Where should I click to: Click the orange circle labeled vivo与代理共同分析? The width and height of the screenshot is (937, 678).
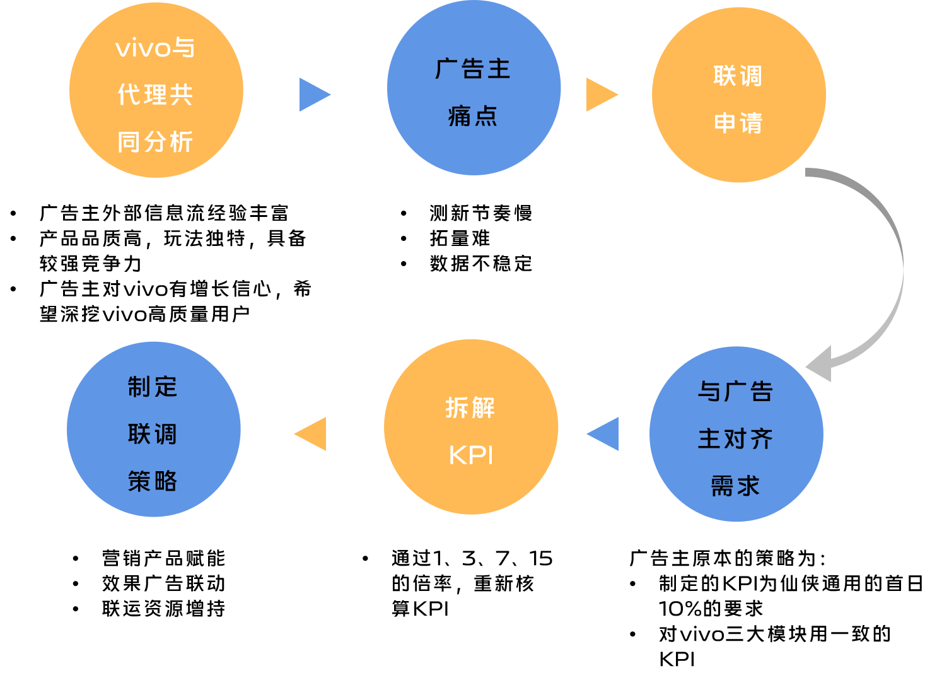[156, 90]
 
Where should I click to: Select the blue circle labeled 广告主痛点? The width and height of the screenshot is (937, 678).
[474, 88]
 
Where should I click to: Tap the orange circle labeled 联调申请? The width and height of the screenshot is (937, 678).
[738, 95]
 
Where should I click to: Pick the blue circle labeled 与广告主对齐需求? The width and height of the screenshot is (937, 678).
[736, 434]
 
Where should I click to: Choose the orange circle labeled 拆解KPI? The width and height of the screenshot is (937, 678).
[471, 427]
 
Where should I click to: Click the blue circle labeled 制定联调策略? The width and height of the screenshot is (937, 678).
[154, 430]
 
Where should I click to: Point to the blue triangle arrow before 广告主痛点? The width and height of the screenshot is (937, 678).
[313, 95]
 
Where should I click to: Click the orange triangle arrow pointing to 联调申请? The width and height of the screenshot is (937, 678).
[600, 95]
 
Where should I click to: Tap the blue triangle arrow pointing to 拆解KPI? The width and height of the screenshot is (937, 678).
[605, 434]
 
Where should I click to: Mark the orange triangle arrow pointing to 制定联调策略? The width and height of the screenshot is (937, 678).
[312, 434]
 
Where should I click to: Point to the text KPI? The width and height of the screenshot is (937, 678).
[471, 455]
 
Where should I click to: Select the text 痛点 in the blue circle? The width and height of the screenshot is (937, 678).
[473, 117]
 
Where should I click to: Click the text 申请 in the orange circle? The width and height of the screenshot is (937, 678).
[738, 123]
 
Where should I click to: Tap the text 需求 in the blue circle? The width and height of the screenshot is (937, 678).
[735, 486]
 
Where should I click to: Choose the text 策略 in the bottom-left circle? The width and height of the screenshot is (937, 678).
[153, 482]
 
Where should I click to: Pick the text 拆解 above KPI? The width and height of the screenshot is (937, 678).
[470, 408]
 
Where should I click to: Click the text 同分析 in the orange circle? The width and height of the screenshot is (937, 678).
[155, 143]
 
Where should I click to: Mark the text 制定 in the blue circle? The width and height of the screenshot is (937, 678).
[153, 387]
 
